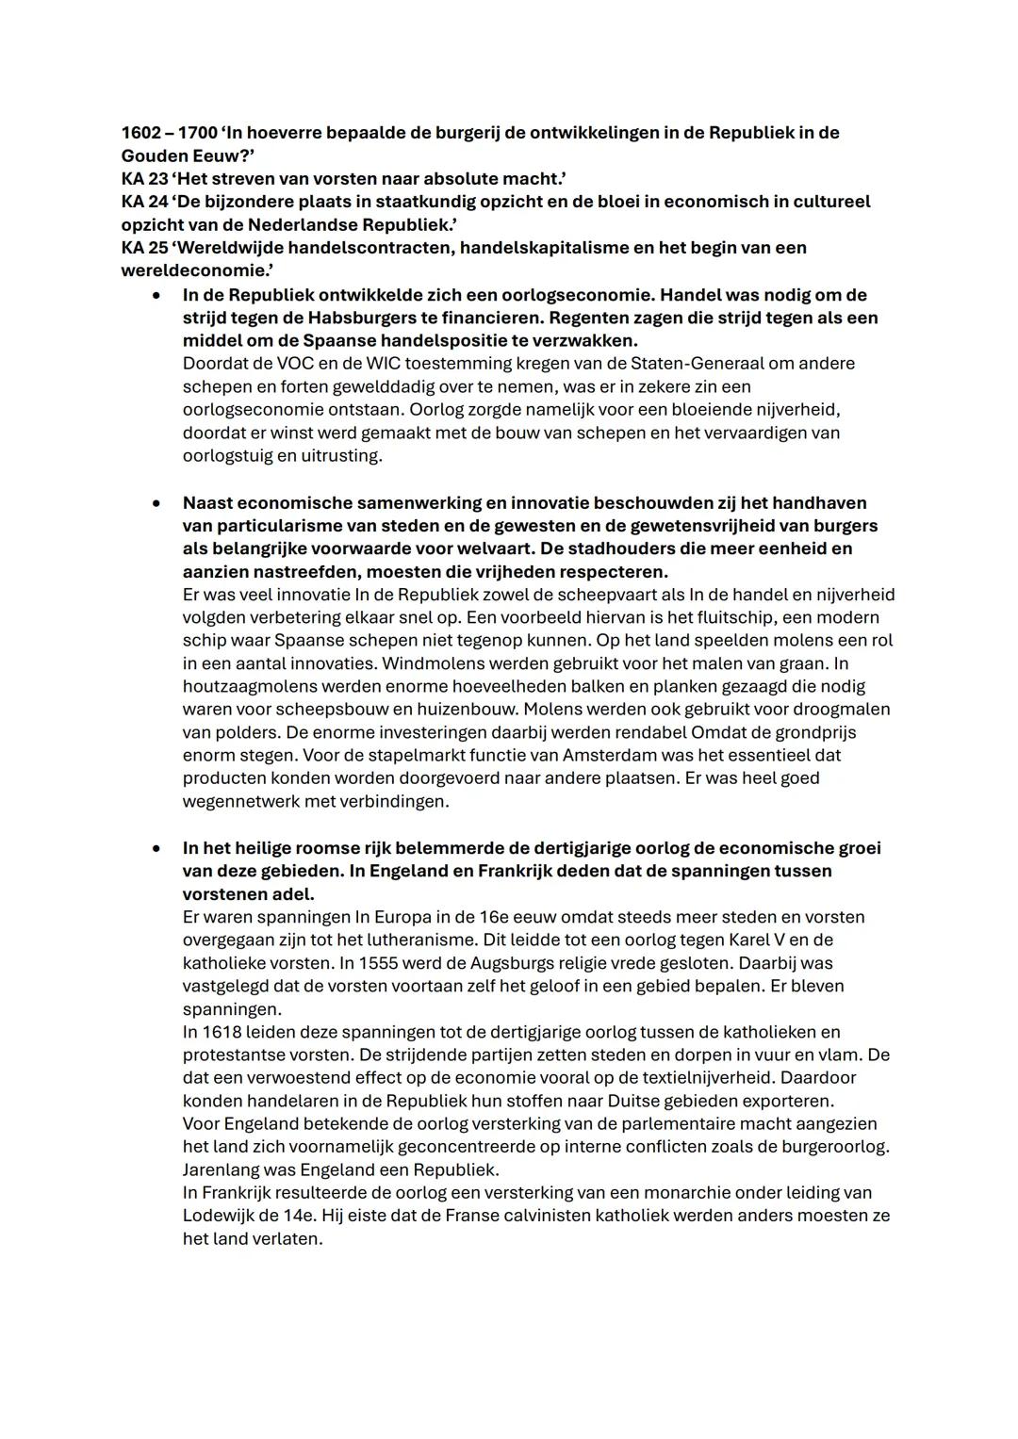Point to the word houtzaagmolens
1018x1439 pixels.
click(244, 687)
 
